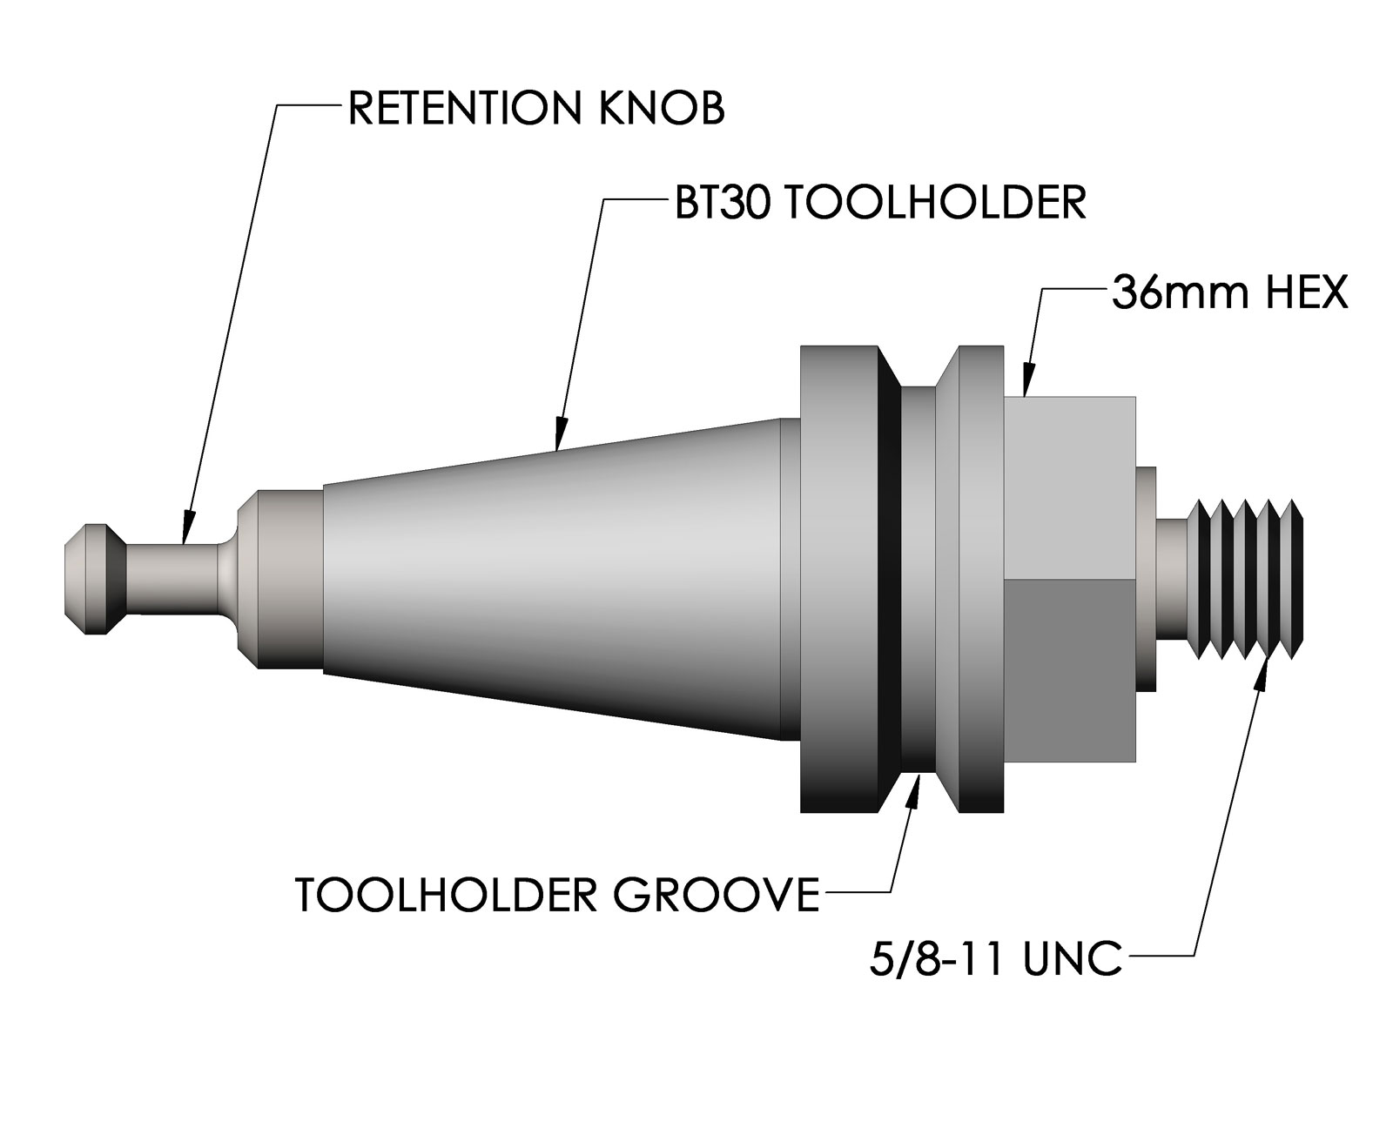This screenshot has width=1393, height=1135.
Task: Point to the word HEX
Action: (1307, 294)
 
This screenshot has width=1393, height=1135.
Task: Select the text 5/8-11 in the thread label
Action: (939, 959)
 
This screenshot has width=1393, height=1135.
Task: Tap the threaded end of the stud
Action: (1249, 579)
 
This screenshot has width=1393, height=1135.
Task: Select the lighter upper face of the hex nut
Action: (1071, 487)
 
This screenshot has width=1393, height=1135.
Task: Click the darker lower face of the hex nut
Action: (1071, 670)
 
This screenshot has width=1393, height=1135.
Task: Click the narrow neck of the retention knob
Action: (174, 579)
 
